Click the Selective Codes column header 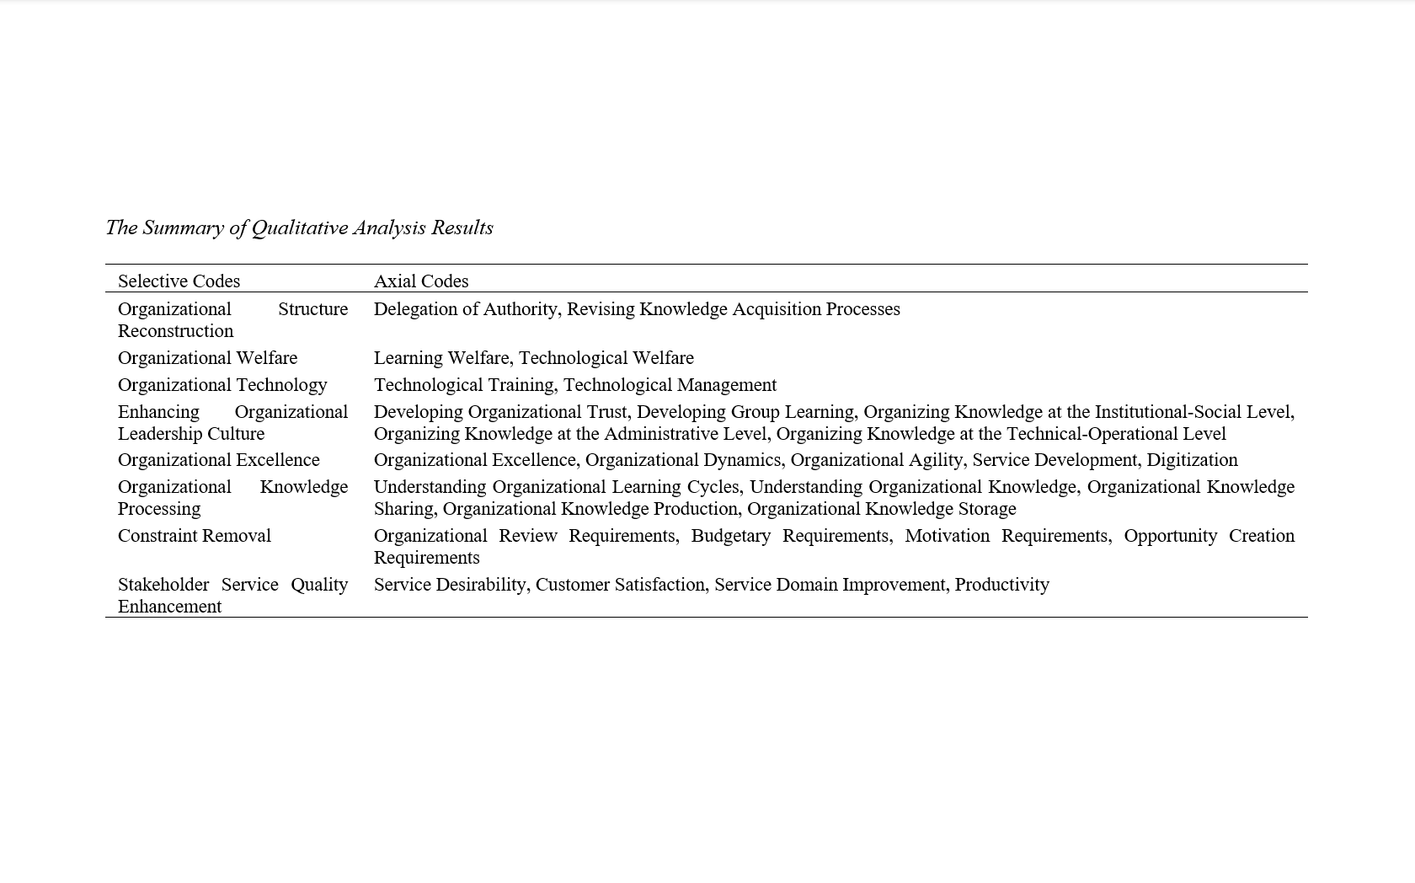179,281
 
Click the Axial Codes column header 421,281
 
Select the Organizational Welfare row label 207,358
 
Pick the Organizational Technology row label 222,385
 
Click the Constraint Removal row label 194,536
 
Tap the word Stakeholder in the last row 163,585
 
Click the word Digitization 1192,460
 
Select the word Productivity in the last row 1002,585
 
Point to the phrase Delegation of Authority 466,309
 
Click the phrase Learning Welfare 441,358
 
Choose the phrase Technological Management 670,385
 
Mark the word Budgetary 730,536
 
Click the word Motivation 947,536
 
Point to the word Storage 986,509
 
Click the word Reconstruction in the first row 175,331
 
